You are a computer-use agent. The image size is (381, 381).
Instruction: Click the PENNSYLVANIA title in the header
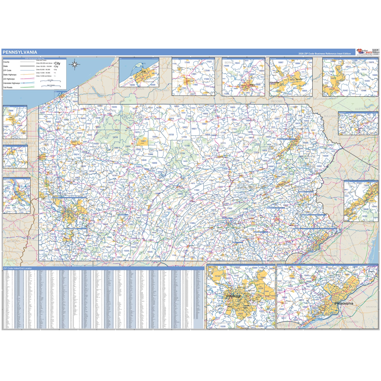coord(20,52)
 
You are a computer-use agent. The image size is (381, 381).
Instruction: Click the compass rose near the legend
coord(75,64)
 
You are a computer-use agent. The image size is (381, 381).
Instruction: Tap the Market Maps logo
coord(364,52)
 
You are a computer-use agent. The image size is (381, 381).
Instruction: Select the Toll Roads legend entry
coord(8,87)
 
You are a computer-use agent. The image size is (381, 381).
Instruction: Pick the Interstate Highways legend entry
coord(11,83)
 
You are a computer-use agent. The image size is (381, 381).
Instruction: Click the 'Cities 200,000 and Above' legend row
coord(44,63)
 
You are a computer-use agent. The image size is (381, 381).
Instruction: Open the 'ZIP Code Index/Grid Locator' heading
coord(18,268)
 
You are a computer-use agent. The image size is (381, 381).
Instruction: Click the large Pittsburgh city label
coord(234,296)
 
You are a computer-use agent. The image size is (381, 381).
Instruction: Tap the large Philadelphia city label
coord(344,304)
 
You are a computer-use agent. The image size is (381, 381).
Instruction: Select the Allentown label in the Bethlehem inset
coord(274,83)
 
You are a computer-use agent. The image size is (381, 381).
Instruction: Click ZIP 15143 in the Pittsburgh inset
coord(217,276)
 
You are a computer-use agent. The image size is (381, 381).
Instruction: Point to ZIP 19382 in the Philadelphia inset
coord(282,309)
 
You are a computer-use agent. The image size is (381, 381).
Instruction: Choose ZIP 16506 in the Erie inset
coord(132,85)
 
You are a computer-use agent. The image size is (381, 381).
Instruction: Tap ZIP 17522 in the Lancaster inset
coord(209,62)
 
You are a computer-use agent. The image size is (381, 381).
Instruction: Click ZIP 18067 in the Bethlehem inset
coord(280,62)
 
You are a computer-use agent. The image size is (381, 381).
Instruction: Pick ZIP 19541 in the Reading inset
coord(237,63)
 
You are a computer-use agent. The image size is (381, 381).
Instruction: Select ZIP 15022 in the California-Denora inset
coord(332,72)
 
